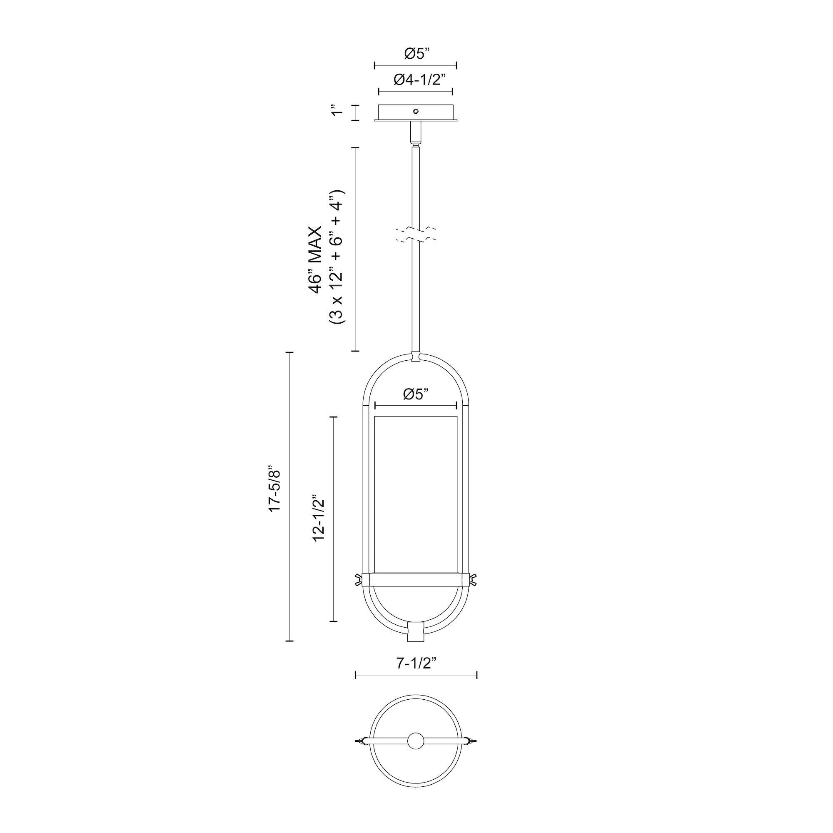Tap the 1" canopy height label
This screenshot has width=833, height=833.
coord(339,110)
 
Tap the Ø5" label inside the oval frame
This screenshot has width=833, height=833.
coord(416,394)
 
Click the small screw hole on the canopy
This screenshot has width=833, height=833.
coord(416,111)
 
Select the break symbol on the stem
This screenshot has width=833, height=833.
coord(416,234)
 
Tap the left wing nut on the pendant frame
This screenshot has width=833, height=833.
coord(358,579)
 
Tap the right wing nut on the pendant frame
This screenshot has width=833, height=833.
coord(474,579)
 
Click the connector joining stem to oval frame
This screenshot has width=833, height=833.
coord(416,357)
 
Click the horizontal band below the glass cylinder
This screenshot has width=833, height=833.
coord(416,579)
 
